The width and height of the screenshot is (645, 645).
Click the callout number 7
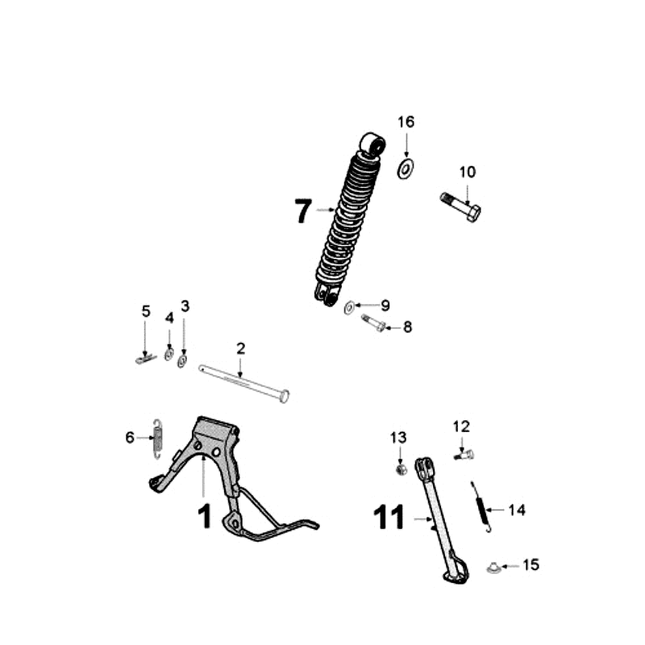point(302,211)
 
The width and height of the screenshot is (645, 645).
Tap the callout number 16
point(406,122)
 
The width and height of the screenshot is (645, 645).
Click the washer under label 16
point(406,169)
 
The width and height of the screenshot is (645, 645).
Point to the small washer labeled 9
point(350,306)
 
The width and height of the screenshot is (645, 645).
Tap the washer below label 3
point(182,360)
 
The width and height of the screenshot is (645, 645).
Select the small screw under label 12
point(462,456)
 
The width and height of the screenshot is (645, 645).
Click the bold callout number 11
point(390,518)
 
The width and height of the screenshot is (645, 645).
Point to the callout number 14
point(516,510)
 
